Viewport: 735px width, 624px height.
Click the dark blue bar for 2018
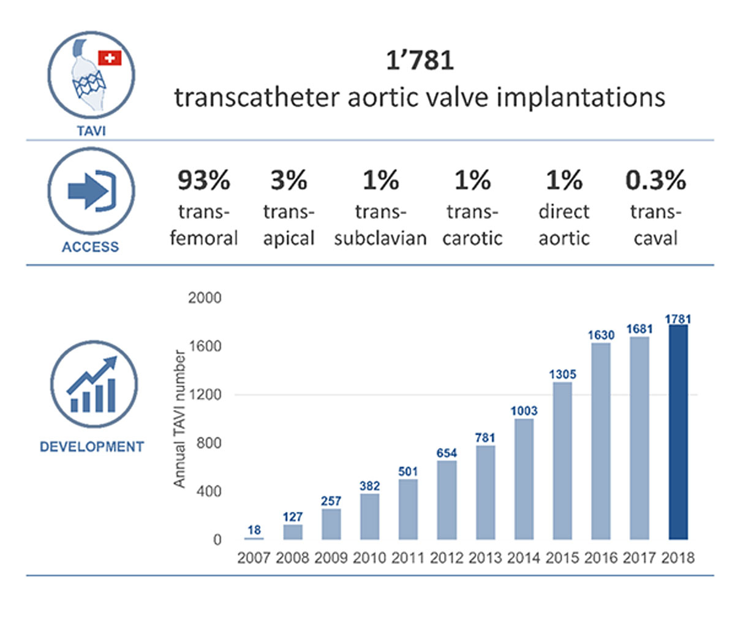point(678,432)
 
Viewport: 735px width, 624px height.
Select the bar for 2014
point(524,479)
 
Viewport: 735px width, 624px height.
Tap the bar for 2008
point(293,532)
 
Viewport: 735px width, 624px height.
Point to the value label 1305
point(562,374)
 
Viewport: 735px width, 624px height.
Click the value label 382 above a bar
point(369,485)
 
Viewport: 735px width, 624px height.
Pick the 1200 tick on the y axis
point(205,395)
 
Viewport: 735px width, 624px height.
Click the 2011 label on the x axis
point(408,558)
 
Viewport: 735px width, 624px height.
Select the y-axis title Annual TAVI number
point(179,419)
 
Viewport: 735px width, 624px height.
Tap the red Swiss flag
point(110,58)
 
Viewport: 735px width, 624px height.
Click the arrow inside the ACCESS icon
point(85,192)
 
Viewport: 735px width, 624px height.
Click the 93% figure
point(204,180)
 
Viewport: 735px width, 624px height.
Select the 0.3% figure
point(655,180)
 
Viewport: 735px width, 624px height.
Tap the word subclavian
point(380,238)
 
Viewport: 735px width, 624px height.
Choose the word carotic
point(472,238)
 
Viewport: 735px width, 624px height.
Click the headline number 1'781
point(420,60)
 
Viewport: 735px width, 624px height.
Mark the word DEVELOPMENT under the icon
point(92,447)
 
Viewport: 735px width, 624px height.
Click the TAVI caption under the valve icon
point(91,131)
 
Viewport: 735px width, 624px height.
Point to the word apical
point(288,238)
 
